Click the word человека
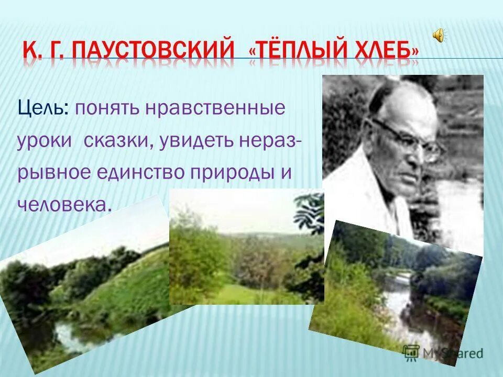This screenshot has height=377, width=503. [x=63, y=205]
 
